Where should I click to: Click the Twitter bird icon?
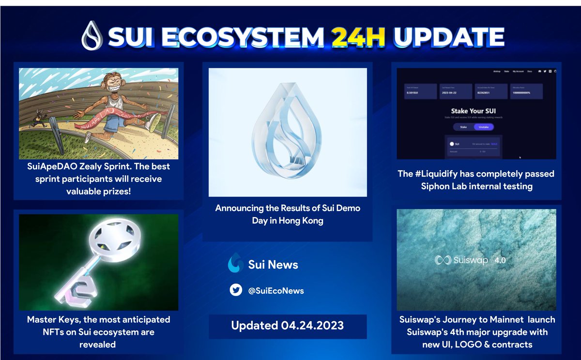click(x=236, y=290)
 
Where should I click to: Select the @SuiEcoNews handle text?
click(x=276, y=291)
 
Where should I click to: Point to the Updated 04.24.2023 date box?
click(x=288, y=326)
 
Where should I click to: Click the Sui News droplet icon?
click(x=235, y=263)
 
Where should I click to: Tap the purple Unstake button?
click(x=483, y=127)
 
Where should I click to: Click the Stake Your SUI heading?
click(x=474, y=111)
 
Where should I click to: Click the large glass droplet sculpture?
click(x=288, y=131)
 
